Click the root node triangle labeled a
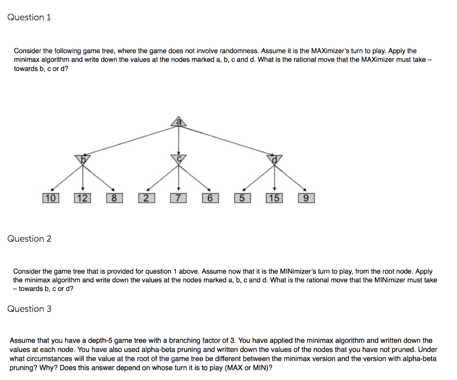[179, 122]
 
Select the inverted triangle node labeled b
[83, 158]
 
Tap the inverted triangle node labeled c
[179, 159]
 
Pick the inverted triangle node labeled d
[274, 159]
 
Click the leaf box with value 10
[50, 198]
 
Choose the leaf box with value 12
[82, 198]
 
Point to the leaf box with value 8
[114, 198]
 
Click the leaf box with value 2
[146, 198]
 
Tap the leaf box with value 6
[210, 198]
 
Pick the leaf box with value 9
[306, 198]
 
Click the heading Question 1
[29, 17]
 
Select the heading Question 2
[29, 239]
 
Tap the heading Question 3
[29, 309]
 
